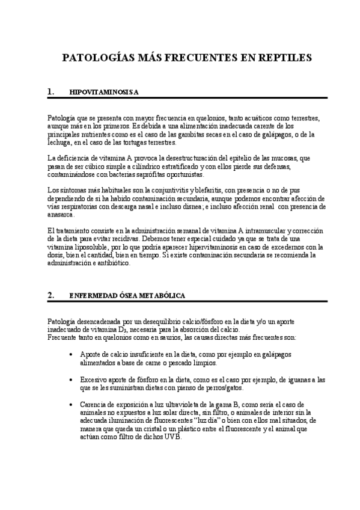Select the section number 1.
[x=50, y=92]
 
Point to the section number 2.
[x=50, y=295]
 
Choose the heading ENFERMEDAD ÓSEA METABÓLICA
[x=127, y=296]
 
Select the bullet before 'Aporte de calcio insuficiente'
[x=72, y=356]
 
